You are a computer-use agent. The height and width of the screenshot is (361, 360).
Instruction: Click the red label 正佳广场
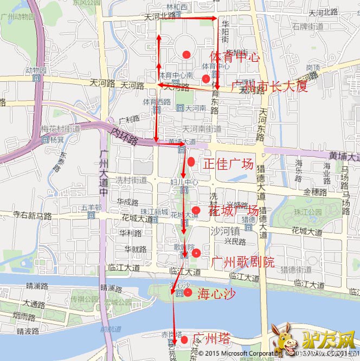coord(228,164)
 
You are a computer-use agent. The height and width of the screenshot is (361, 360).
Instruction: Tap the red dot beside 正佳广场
coord(191,162)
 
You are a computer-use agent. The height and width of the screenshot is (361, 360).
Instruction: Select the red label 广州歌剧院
coord(243,262)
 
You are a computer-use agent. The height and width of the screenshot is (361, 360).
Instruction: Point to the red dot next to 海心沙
coord(188,293)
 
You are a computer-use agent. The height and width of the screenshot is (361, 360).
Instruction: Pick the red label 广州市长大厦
coord(269,86)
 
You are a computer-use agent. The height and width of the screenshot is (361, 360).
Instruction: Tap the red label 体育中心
coord(234,56)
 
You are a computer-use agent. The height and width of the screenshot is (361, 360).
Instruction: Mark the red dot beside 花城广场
coord(196,210)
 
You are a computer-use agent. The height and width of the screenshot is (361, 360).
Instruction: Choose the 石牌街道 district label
coord(307,26)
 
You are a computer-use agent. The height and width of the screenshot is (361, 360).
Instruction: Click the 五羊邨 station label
coord(91,208)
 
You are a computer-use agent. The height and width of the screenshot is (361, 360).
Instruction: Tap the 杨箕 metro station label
coord(57,139)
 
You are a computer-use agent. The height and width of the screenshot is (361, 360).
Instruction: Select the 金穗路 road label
coord(315,192)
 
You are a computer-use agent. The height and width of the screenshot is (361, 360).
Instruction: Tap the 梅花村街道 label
coord(60,129)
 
